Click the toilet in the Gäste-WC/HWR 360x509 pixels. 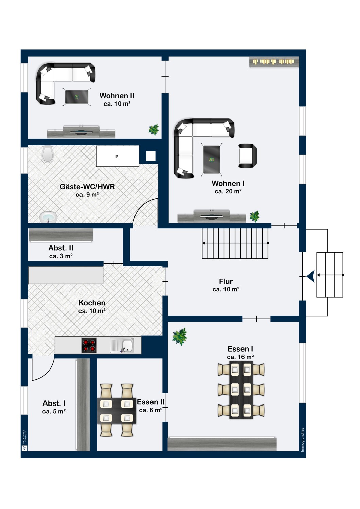(x=48, y=154)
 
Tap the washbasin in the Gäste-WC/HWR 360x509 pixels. (x=48, y=217)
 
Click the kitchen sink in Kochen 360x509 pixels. (x=122, y=345)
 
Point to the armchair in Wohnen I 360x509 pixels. (x=248, y=156)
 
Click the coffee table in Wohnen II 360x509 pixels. (x=77, y=97)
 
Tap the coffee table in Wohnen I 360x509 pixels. (x=212, y=159)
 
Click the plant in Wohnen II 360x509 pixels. (x=154, y=130)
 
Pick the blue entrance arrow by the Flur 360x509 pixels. (x=311, y=276)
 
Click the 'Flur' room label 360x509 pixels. (x=226, y=281)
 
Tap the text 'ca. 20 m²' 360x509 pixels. (x=228, y=191)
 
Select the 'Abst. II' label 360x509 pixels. (x=61, y=248)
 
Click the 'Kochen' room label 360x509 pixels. (x=92, y=303)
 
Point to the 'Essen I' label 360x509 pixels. (x=240, y=349)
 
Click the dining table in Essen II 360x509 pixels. (x=117, y=411)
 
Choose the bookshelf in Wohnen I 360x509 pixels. (x=274, y=62)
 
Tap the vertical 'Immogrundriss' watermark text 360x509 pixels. (x=302, y=440)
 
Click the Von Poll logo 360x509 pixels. (x=24, y=440)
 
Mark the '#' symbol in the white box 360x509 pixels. (x=117, y=156)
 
